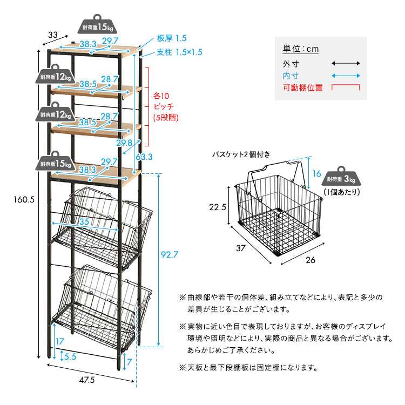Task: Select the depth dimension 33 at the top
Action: click(52, 35)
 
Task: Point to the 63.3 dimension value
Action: click(144, 157)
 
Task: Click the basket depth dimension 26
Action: click(309, 260)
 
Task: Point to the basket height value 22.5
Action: click(217, 207)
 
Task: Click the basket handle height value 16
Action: click(316, 174)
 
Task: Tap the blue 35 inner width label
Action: click(84, 221)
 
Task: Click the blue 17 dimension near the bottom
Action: click(60, 341)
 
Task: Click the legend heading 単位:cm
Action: click(301, 49)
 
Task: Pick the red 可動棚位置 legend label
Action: click(302, 87)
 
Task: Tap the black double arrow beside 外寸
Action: click(346, 63)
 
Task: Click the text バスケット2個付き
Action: click(241, 154)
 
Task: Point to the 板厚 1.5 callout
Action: click(171, 38)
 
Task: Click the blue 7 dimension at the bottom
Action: click(130, 361)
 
